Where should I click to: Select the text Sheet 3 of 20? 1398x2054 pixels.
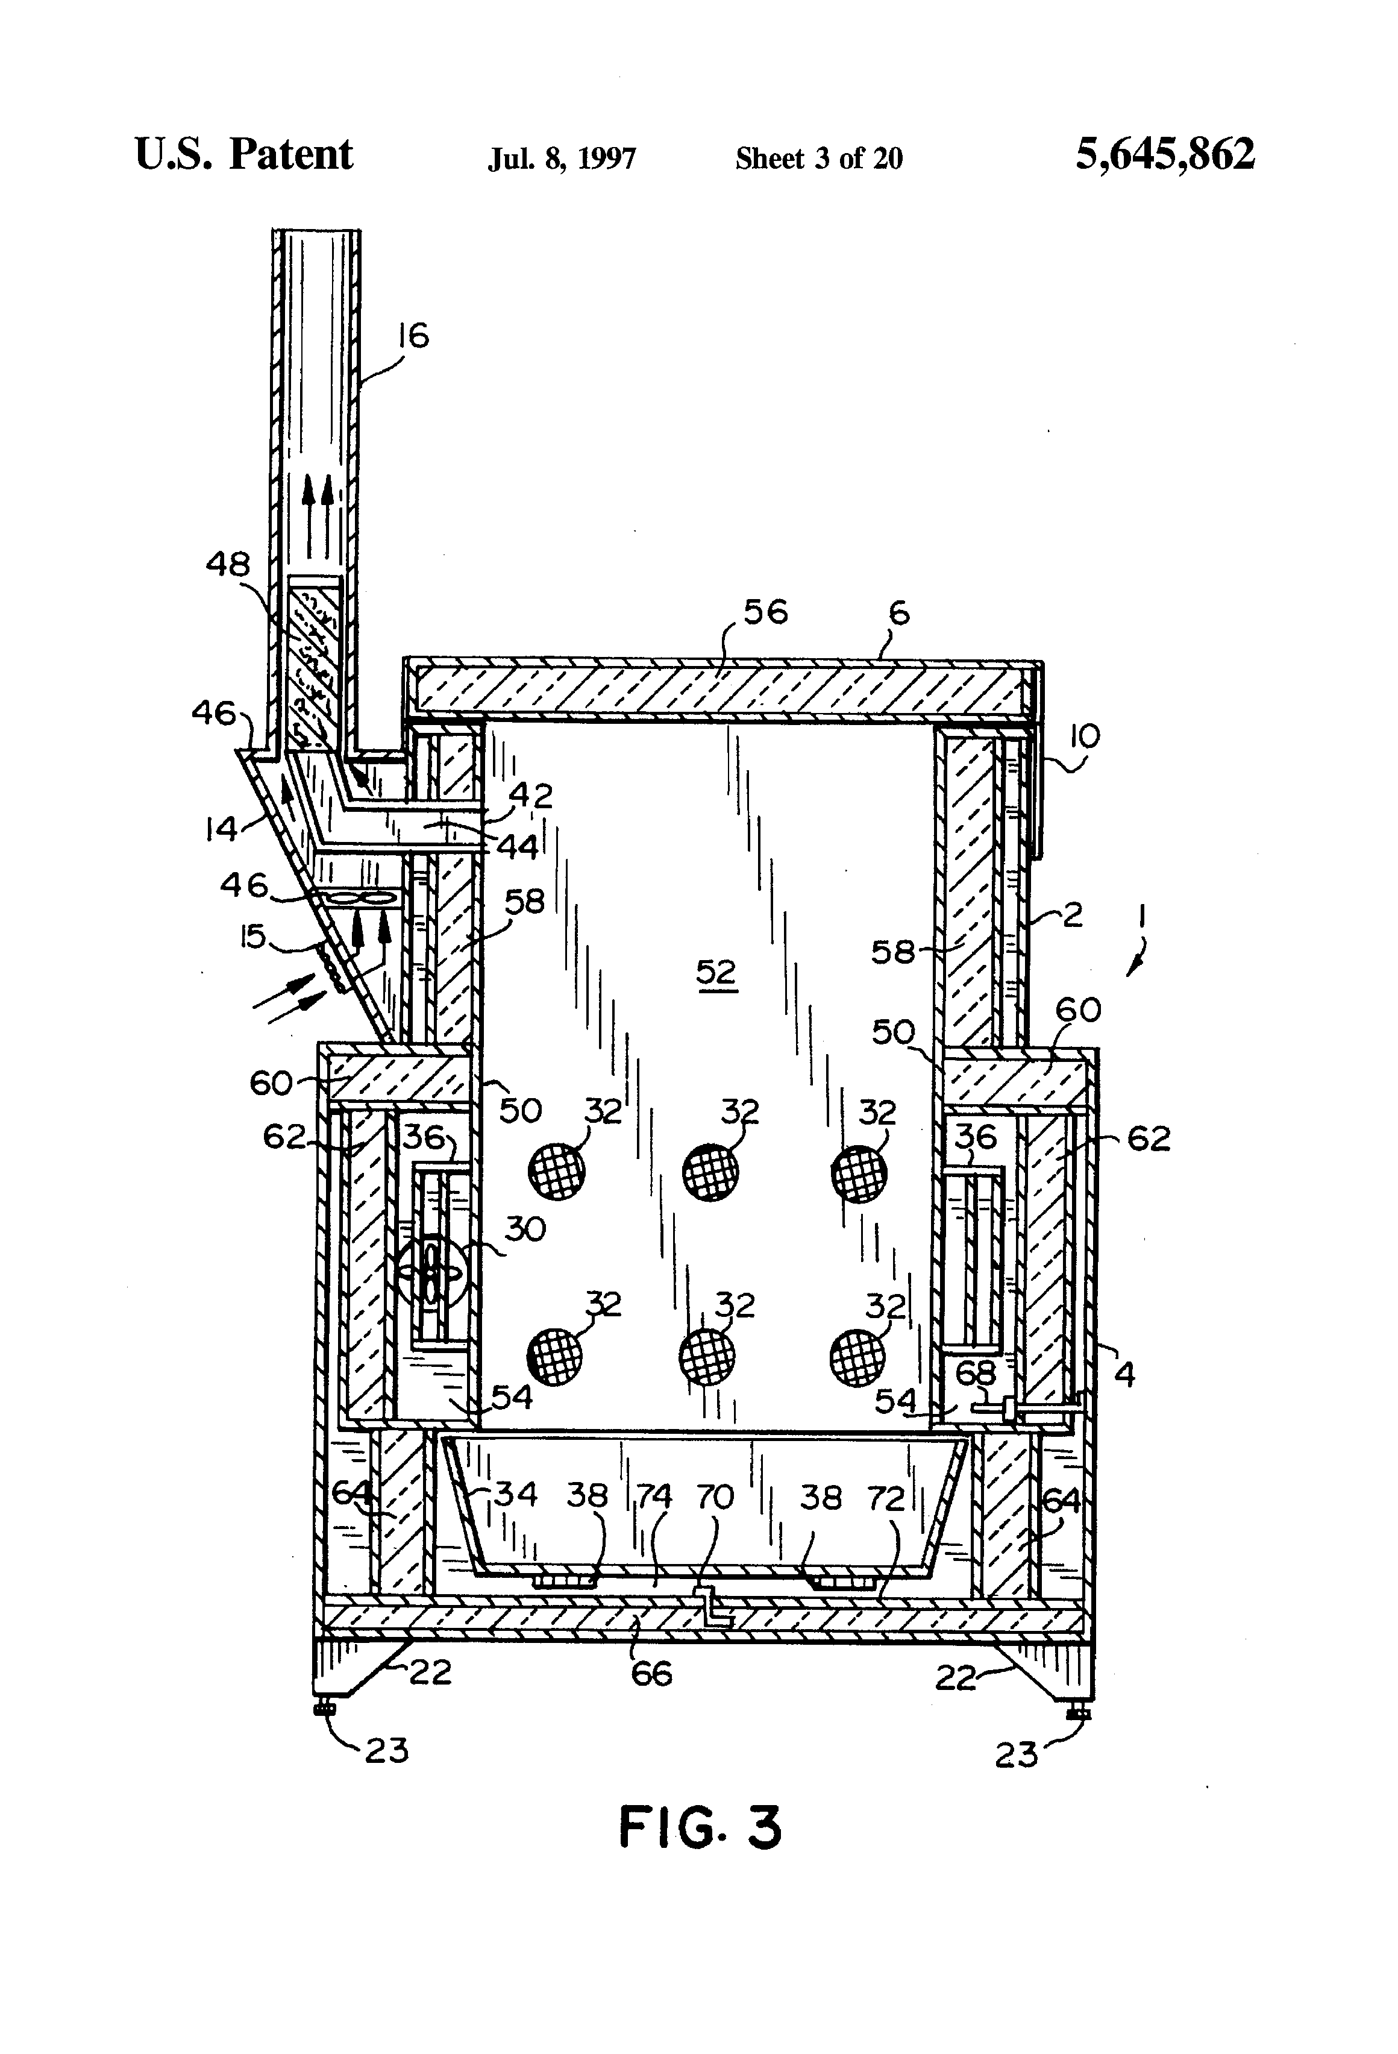tap(818, 159)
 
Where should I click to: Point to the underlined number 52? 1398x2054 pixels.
tap(716, 972)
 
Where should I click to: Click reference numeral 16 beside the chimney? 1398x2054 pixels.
tap(413, 336)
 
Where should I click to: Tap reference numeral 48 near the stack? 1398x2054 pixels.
tap(228, 564)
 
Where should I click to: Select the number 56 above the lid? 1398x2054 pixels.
tap(765, 612)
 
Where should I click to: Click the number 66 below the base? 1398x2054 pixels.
tap(651, 1673)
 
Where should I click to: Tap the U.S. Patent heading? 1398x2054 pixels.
tap(243, 155)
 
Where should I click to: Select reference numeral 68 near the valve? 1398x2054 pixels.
tap(976, 1372)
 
